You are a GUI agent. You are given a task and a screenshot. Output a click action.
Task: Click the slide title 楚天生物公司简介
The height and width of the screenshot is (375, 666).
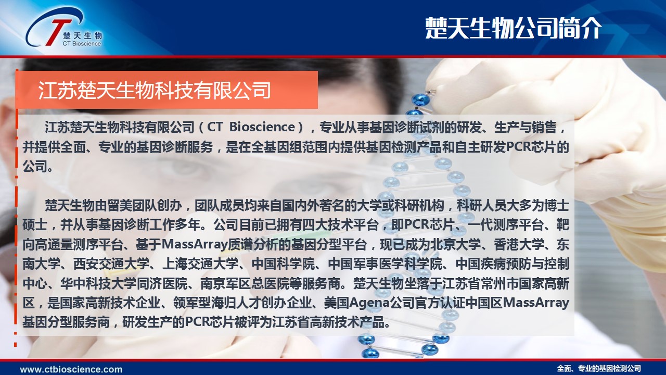point(514,28)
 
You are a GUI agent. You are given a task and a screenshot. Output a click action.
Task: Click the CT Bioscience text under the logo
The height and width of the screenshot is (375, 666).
point(82,43)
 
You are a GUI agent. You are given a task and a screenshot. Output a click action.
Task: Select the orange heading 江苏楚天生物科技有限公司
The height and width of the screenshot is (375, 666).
point(155,90)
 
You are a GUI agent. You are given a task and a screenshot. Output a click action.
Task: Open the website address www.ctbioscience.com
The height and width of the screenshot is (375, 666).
point(71,369)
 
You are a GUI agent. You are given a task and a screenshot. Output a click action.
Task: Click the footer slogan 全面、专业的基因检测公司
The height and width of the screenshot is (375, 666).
point(599,369)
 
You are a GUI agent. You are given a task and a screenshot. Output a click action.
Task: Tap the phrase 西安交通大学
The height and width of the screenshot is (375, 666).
point(111,264)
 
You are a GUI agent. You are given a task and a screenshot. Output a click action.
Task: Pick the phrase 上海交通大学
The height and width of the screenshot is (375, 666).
point(200,264)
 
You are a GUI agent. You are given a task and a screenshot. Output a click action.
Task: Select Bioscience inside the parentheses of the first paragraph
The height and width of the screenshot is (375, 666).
point(262,127)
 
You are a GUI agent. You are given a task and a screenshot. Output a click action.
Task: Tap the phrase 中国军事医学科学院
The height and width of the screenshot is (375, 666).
point(386,264)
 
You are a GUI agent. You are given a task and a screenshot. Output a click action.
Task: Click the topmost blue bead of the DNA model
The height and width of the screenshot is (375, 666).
point(420,98)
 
